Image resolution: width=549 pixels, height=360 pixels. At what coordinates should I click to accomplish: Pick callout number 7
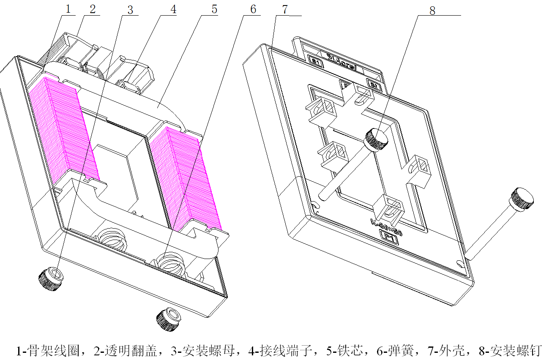click(286, 9)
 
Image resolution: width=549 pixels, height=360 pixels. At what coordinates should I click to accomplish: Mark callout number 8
click(432, 11)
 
